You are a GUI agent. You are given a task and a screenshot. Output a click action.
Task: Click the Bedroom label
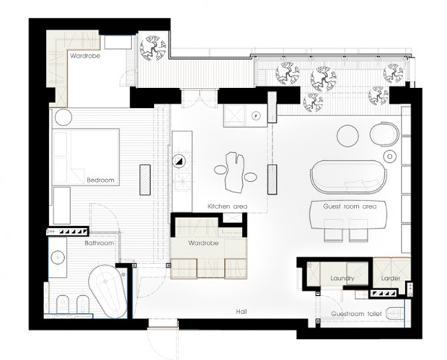pyautogui.click(x=100, y=180)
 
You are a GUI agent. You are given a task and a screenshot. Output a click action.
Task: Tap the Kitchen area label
pyautogui.click(x=227, y=206)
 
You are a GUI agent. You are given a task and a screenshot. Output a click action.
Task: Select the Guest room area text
pyautogui.click(x=350, y=206)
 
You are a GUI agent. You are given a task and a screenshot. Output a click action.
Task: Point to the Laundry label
pyautogui.click(x=342, y=278)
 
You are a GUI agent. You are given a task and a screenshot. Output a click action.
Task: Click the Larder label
pyautogui.click(x=391, y=278)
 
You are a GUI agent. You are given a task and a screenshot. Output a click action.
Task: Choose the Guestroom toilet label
pyautogui.click(x=356, y=314)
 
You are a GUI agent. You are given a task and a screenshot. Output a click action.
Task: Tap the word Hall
pyautogui.click(x=242, y=312)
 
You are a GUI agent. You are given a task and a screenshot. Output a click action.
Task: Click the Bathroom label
pyautogui.click(x=99, y=243)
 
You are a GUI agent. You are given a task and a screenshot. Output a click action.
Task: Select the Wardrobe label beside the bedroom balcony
pyautogui.click(x=85, y=56)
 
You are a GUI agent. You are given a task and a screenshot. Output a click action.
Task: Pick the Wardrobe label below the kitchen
pyautogui.click(x=203, y=243)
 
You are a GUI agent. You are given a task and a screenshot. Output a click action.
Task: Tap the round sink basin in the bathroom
pyautogui.click(x=58, y=258)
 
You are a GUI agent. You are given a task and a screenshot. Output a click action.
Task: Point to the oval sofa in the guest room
pyautogui.click(x=348, y=177)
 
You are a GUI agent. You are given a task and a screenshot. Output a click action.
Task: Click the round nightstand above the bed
pyautogui.click(x=63, y=118)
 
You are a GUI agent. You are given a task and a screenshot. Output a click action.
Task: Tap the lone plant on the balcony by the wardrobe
pyautogui.click(x=153, y=48)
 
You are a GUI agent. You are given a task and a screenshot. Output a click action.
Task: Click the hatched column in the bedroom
pyautogui.click(x=145, y=180)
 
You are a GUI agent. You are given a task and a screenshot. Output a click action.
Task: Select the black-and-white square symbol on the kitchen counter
pyautogui.click(x=180, y=162)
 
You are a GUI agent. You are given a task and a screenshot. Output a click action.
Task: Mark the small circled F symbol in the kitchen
pyautogui.click(x=257, y=115)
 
